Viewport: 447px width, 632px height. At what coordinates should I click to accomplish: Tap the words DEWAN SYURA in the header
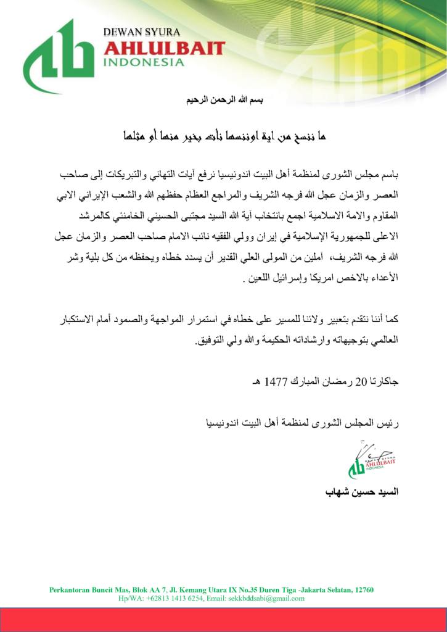point(141,31)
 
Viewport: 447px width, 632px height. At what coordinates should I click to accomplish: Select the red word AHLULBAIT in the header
point(164,48)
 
